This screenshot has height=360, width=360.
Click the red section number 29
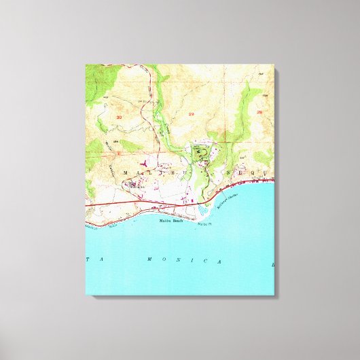click(192, 113)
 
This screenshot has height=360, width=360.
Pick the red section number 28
click(259, 110)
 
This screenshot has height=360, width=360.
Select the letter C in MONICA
click(219, 261)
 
